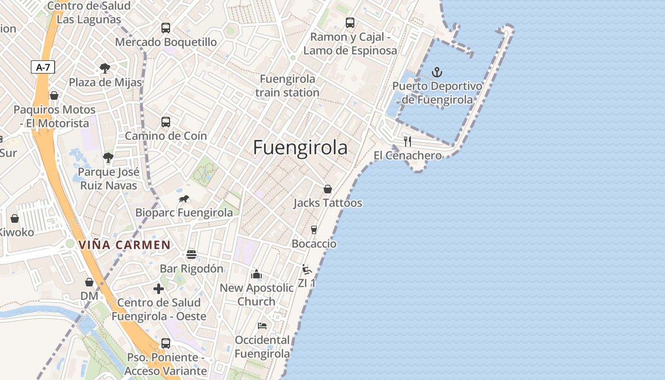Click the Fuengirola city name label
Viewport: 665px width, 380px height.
click(300, 148)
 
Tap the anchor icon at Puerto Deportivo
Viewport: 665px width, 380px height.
click(437, 72)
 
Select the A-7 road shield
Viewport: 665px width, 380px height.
click(43, 67)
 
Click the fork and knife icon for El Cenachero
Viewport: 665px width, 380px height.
click(407, 141)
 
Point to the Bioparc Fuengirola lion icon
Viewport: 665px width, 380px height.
click(184, 199)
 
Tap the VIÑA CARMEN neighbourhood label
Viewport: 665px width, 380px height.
click(124, 245)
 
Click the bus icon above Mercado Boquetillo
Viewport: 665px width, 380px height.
click(165, 28)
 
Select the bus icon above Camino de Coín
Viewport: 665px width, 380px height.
click(165, 122)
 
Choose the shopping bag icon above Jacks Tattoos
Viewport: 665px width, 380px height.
click(327, 189)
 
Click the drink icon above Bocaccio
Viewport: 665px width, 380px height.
click(313, 230)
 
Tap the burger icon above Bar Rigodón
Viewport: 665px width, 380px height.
click(191, 255)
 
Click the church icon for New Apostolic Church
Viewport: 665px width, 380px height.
click(256, 274)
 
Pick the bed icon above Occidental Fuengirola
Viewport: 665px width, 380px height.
click(262, 326)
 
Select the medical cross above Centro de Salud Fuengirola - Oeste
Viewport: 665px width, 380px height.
click(159, 289)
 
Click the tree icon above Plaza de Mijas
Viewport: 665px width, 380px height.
click(105, 68)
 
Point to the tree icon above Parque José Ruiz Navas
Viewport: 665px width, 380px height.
click(108, 158)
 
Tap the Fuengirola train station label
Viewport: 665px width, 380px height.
click(287, 85)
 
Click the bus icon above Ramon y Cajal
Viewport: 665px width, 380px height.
click(350, 23)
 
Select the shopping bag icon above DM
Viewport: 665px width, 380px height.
click(89, 282)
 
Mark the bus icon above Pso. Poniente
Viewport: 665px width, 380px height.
click(165, 343)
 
